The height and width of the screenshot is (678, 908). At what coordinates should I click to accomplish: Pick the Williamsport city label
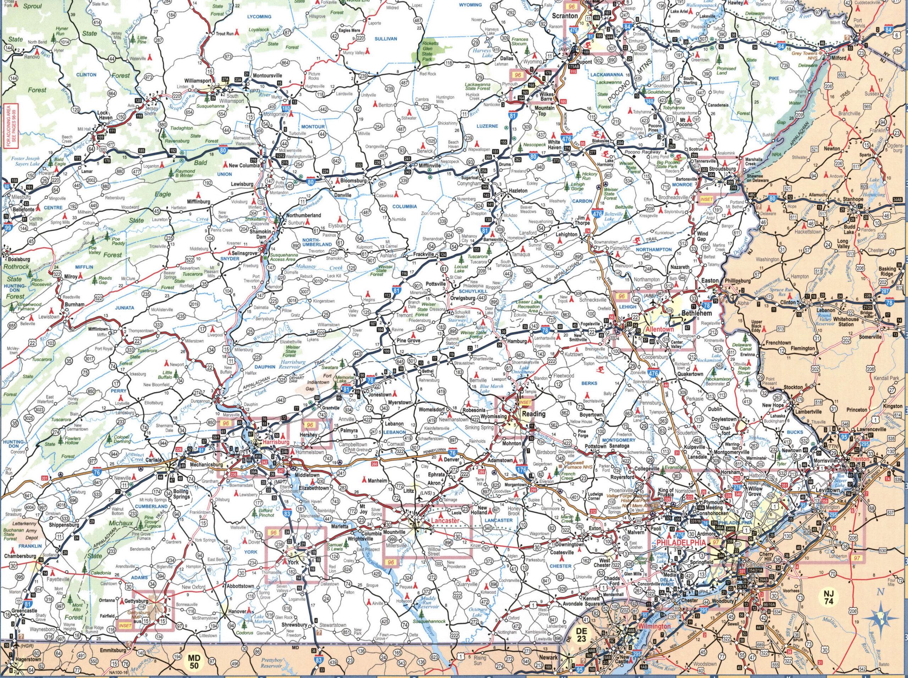point(197,81)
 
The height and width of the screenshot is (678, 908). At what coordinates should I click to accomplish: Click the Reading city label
point(533,414)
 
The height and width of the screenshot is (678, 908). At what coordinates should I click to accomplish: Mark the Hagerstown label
point(28,671)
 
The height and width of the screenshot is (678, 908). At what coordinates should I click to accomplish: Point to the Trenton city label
point(860,459)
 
